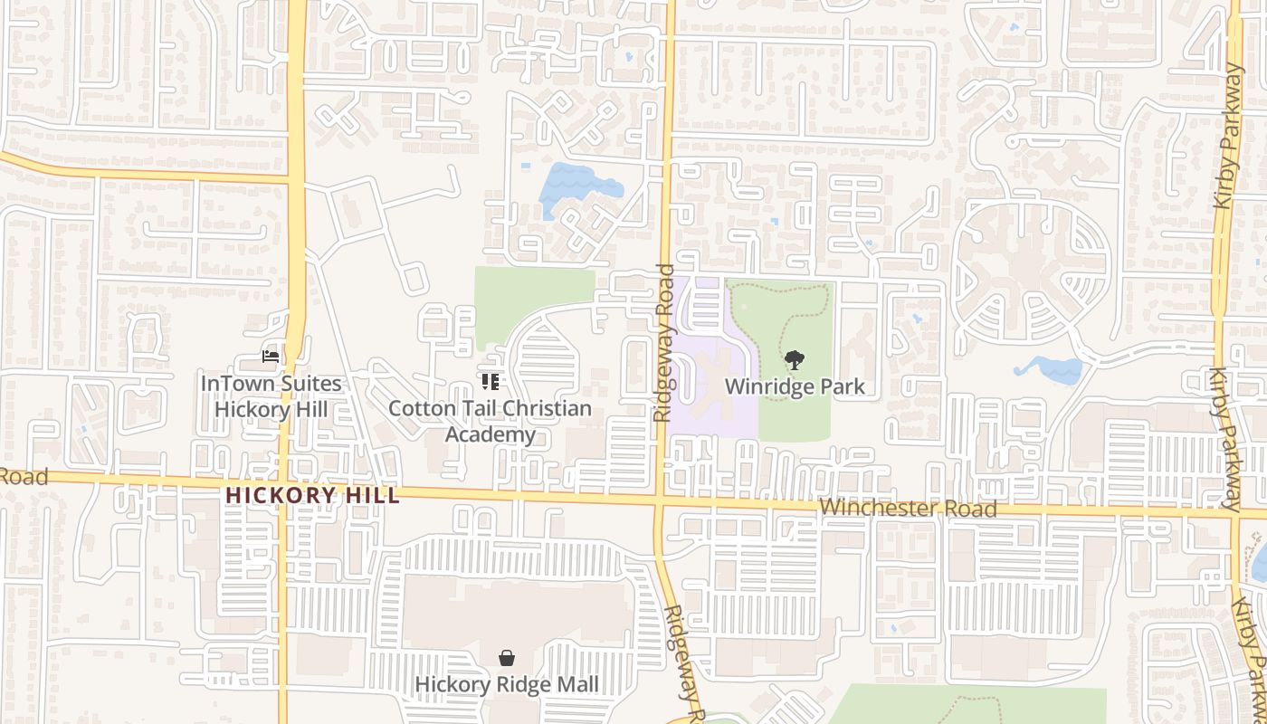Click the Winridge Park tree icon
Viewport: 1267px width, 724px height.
point(794,360)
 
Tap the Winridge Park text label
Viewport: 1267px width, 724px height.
point(795,386)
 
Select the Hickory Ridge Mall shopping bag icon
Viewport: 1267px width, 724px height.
point(507,658)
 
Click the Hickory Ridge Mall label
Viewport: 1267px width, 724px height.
point(507,684)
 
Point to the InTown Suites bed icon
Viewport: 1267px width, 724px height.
point(270,357)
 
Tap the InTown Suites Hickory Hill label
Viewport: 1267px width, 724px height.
point(271,396)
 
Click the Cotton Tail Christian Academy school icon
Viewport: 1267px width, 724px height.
point(491,382)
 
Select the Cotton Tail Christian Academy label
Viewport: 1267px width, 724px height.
point(490,422)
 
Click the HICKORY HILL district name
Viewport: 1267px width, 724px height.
point(312,496)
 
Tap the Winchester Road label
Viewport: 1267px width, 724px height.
point(908,509)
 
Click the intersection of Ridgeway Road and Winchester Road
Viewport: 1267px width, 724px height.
point(661,500)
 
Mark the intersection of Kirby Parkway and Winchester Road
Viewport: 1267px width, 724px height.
point(1234,513)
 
